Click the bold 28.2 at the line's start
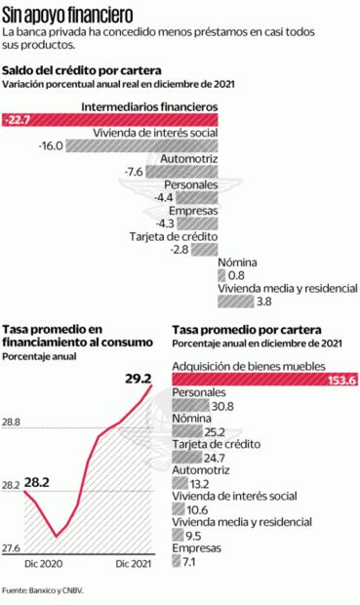[38, 482]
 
